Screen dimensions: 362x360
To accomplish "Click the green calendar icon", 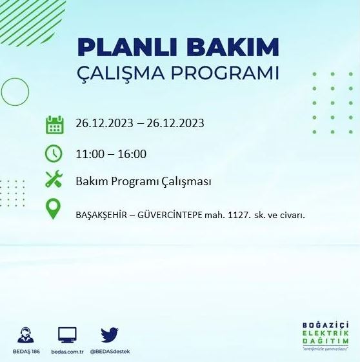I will click(55, 124).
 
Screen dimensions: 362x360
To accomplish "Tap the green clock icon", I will click(54, 154).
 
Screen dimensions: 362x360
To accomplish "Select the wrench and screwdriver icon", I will click(54, 181).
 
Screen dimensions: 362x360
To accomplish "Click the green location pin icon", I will click(54, 210).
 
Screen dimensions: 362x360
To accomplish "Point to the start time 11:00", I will click(89, 154).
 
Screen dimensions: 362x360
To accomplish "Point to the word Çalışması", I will click(186, 181).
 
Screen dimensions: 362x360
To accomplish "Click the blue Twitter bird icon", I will click(110, 334).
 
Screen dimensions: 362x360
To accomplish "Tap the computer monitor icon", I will click(67, 334).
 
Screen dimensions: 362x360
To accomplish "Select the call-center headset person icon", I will click(26, 334).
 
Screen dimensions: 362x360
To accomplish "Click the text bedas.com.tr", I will click(67, 352).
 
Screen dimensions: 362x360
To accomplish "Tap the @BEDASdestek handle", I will click(110, 352).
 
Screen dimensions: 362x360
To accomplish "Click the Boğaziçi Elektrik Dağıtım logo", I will click(326, 334).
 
